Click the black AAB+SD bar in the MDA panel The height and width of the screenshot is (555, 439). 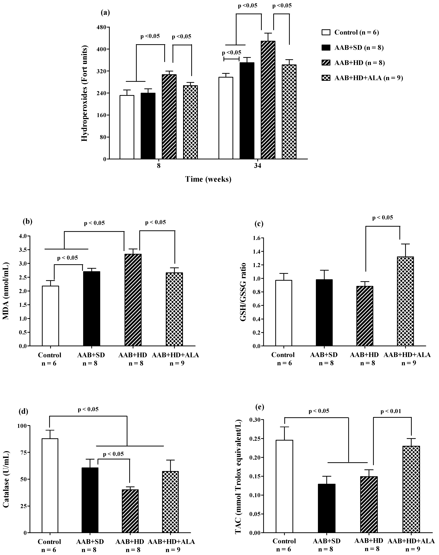pyautogui.click(x=92, y=309)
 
